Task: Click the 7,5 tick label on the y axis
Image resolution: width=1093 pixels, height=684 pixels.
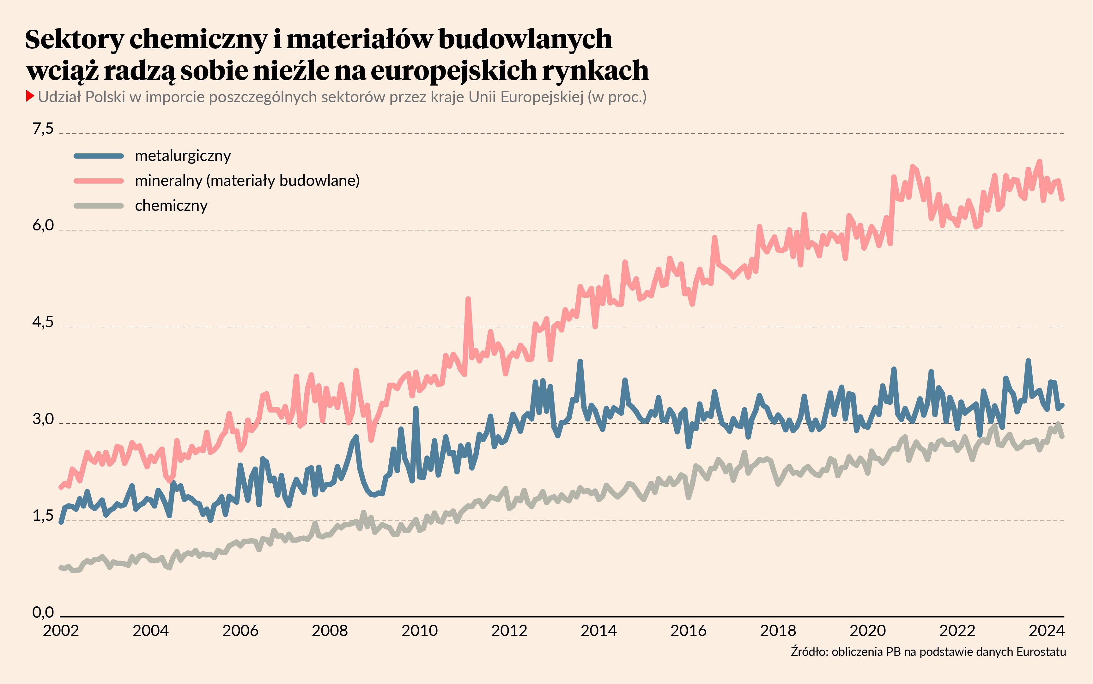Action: [43, 129]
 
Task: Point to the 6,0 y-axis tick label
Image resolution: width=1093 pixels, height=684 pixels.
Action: [43, 225]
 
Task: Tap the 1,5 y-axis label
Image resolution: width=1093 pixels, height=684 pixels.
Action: [43, 516]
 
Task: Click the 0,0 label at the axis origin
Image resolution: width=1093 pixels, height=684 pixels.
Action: [43, 613]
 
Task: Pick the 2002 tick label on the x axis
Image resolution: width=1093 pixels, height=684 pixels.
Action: [61, 631]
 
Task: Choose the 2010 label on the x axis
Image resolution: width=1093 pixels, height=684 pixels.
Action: [419, 631]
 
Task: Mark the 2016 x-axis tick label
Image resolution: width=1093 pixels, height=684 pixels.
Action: [688, 631]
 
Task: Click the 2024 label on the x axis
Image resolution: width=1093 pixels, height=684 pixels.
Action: [1046, 631]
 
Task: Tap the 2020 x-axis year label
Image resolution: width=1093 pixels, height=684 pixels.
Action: [867, 631]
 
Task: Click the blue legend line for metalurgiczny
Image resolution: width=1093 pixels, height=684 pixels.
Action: [99, 156]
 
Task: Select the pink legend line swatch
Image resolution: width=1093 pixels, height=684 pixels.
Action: [99, 181]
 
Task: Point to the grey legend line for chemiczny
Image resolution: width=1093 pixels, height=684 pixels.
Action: [99, 206]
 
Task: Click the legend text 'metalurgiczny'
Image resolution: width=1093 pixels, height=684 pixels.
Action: [183, 156]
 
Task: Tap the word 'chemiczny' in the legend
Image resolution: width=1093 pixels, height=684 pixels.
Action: [171, 206]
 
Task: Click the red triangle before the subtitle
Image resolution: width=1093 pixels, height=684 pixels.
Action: [30, 96]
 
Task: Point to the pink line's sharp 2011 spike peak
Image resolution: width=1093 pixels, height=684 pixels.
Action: [468, 299]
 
